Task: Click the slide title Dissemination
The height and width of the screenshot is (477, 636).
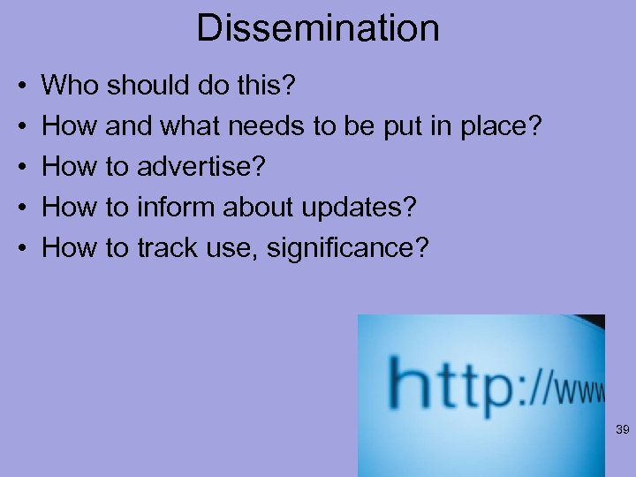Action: tap(317, 28)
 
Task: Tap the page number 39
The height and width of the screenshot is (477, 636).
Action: tap(621, 430)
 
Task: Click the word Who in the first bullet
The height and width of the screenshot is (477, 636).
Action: tap(72, 86)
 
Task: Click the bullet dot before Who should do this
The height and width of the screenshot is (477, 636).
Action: tap(19, 87)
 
